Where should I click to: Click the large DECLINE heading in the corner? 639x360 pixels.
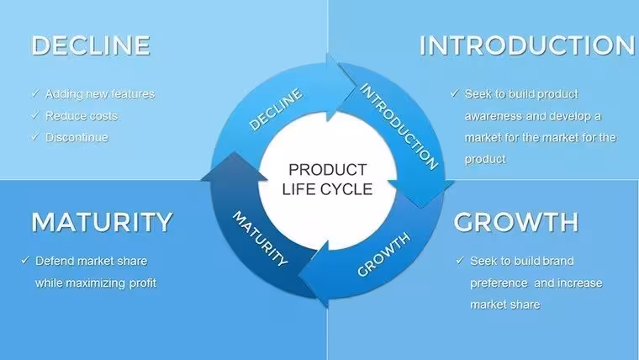[91, 45]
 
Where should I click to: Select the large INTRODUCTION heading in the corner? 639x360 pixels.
[527, 45]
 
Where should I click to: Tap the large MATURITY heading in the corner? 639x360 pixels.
[102, 222]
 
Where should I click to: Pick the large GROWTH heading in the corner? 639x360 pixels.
[516, 222]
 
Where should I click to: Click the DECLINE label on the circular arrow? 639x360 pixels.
[276, 109]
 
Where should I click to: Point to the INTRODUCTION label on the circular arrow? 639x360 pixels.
[399, 126]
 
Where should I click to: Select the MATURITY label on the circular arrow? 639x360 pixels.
[260, 239]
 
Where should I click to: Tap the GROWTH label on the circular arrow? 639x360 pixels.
[383, 254]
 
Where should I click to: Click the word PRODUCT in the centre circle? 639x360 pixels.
[328, 170]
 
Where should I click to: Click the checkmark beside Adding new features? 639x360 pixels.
[35, 93]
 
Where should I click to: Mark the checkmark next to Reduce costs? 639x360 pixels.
[35, 115]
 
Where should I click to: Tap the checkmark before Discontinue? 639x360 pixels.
[35, 136]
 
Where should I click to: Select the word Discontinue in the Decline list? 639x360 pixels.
[77, 137]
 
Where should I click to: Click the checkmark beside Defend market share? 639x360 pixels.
[25, 260]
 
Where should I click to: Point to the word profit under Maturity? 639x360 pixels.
[143, 283]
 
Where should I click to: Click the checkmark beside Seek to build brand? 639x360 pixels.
[460, 260]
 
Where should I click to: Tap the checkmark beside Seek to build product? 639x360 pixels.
[455, 93]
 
